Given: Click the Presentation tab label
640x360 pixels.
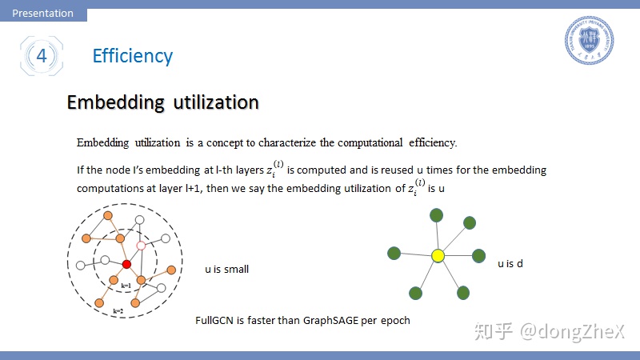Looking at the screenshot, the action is point(43,13).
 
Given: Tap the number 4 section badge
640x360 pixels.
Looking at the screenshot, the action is point(42,56).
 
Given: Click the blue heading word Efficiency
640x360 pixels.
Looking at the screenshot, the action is point(133,56).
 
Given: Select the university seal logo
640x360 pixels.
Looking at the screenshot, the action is point(589,40).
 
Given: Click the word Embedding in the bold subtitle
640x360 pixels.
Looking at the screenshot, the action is point(116,102).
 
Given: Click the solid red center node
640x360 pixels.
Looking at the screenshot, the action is point(126,264).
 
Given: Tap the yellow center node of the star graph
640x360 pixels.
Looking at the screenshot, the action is point(438,256).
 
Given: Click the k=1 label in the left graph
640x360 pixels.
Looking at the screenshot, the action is point(126,286).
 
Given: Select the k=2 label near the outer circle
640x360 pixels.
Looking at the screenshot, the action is point(118,311).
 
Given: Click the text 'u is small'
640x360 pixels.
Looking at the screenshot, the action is point(226,270).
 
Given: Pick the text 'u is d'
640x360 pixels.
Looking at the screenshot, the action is point(510,264).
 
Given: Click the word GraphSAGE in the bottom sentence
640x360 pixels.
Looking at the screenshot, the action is point(330,321).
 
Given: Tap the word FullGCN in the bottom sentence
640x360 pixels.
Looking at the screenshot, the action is point(214,321).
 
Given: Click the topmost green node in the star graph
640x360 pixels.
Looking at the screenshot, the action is point(436,215).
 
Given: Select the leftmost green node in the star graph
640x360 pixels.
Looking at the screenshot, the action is point(394,253).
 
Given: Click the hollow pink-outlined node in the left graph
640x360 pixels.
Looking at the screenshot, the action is point(141,246).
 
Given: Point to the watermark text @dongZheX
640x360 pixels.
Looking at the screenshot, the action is point(572,331).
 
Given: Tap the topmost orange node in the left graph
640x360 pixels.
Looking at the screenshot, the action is point(108,215).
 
